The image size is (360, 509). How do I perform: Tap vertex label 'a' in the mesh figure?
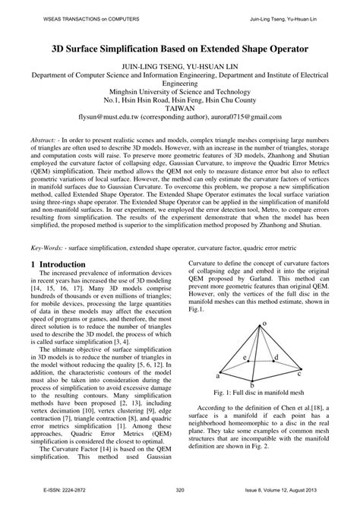coord(219,375)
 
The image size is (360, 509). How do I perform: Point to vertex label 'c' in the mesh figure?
coord(300,374)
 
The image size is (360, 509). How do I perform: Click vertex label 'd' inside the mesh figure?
coord(276,356)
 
